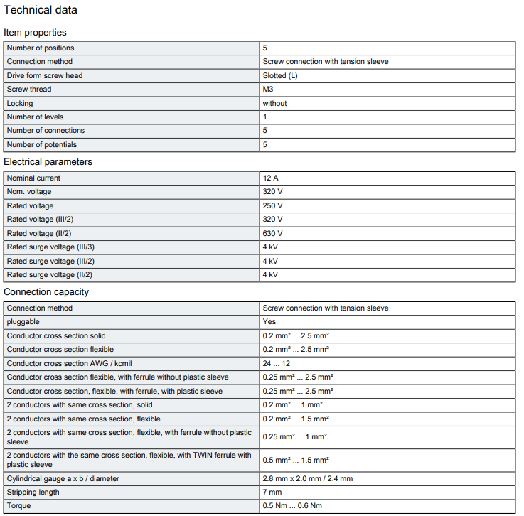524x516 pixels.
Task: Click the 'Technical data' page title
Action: click(x=41, y=10)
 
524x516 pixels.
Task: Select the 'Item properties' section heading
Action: click(x=35, y=32)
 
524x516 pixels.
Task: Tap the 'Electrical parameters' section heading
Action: click(x=48, y=161)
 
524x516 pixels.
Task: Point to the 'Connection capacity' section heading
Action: click(x=46, y=291)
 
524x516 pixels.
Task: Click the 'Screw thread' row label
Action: click(x=29, y=90)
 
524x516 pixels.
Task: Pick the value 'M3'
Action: click(x=268, y=90)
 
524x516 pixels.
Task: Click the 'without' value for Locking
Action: click(x=274, y=103)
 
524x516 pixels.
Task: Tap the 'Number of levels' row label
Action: click(x=35, y=117)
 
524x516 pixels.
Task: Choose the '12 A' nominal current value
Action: click(x=271, y=178)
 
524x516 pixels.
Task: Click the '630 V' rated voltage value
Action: click(x=273, y=233)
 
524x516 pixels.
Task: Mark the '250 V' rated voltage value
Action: click(x=273, y=205)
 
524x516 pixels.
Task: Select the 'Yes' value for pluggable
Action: click(x=269, y=321)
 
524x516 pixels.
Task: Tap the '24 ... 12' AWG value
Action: click(x=277, y=363)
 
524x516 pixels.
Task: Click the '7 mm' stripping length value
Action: click(x=272, y=492)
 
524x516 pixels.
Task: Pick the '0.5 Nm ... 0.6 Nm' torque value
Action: click(x=292, y=506)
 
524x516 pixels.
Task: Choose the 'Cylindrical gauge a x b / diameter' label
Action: click(x=63, y=478)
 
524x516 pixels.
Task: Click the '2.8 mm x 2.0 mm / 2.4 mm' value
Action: click(x=307, y=478)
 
